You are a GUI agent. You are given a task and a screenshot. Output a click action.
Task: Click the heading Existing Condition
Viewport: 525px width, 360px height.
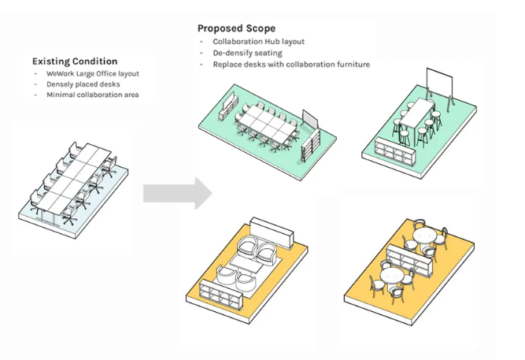(x=75, y=61)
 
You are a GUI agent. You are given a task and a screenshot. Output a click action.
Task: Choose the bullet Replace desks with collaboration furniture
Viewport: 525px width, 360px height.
(x=290, y=64)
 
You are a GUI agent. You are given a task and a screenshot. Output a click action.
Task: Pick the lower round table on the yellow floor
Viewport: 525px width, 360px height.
(x=393, y=275)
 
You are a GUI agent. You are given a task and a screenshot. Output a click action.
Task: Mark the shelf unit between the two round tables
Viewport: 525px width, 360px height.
(x=409, y=257)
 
